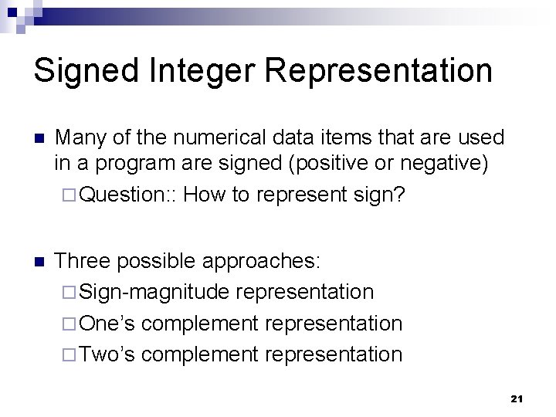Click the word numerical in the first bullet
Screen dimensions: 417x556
click(218, 138)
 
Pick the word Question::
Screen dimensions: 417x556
click(128, 195)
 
